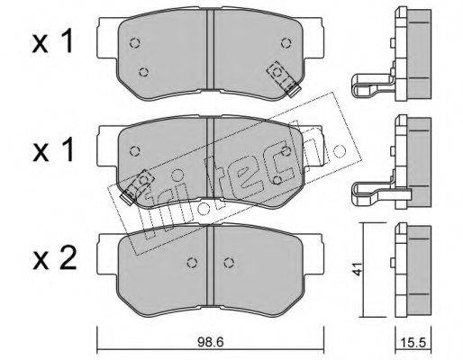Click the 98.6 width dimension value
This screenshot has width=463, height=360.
point(211,342)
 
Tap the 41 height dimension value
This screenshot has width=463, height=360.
point(357,269)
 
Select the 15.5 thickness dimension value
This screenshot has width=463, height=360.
point(413,342)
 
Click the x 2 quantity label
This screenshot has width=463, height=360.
point(54,259)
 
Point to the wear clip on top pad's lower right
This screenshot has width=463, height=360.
point(284,78)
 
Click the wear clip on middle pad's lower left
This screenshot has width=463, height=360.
point(137,187)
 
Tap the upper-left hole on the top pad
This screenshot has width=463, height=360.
point(135,43)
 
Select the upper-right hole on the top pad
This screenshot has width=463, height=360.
point(286,43)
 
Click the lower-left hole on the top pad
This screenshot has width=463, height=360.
point(144,72)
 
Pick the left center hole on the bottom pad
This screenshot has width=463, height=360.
point(192,263)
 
